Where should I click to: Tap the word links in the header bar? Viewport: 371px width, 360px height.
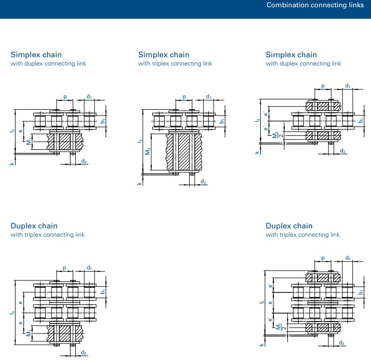click(x=356, y=5)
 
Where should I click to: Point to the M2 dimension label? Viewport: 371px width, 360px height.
click(x=148, y=151)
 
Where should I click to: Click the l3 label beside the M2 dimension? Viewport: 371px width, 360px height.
click(x=140, y=141)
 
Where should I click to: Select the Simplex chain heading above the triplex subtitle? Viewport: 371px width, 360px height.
click(x=164, y=55)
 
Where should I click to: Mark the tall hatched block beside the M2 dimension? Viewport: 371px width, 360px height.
click(x=184, y=152)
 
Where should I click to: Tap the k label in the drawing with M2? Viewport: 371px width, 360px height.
click(x=140, y=184)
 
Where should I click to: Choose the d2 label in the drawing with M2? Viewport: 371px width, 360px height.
click(x=203, y=182)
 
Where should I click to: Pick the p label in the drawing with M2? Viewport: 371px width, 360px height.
click(x=184, y=97)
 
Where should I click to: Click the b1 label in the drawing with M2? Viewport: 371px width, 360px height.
click(x=222, y=121)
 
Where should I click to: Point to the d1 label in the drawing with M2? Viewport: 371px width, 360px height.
click(x=208, y=96)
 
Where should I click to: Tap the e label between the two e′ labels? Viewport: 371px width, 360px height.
click(x=270, y=303)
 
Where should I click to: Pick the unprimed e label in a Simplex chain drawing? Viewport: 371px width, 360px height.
click(x=21, y=131)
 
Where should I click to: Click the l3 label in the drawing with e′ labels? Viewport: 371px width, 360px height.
click(x=262, y=302)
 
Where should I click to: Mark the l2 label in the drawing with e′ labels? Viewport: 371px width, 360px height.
click(x=257, y=120)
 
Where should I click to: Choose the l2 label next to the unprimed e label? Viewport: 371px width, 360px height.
click(x=12, y=131)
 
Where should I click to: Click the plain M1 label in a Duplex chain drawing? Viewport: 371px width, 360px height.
click(x=29, y=333)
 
